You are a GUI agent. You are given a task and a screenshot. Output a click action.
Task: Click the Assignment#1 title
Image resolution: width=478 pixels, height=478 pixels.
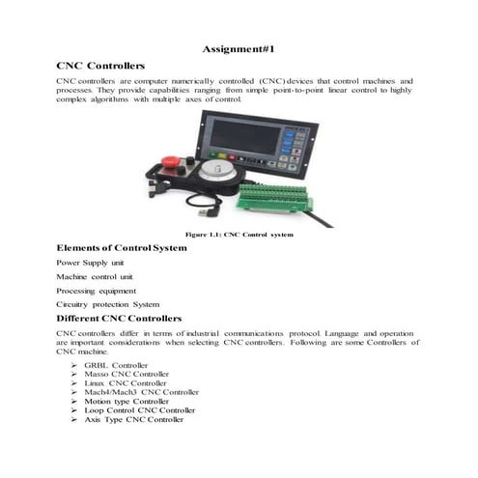(239, 48)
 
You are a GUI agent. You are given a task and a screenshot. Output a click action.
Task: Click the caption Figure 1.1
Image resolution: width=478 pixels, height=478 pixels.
(239, 235)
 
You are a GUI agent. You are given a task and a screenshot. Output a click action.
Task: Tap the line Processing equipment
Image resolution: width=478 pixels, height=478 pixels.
(96, 290)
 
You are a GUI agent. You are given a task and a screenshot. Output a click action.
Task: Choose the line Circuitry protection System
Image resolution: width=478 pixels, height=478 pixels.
(107, 303)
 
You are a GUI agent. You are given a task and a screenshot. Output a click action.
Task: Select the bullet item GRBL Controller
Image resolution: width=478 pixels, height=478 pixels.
(116, 366)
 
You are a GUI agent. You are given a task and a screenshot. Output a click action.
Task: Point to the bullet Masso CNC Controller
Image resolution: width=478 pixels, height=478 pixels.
(127, 375)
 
